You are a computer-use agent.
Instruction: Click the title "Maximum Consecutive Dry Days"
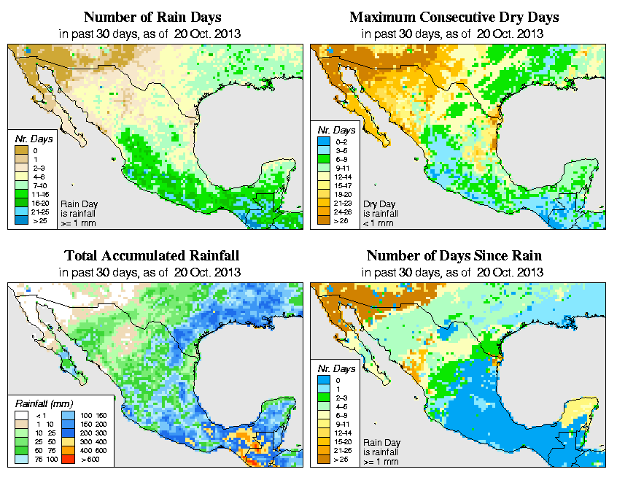pyautogui.click(x=454, y=17)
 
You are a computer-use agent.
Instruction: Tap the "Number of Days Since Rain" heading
pyautogui.click(x=454, y=256)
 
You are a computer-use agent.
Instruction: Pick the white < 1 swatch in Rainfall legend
pyautogui.click(x=22, y=415)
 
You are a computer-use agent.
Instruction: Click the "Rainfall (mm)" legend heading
pyautogui.click(x=41, y=403)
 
